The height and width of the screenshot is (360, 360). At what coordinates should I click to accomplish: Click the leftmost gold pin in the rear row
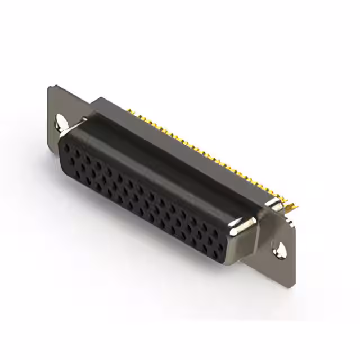[129, 110]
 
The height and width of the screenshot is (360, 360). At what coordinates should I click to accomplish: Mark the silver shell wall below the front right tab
[245, 247]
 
